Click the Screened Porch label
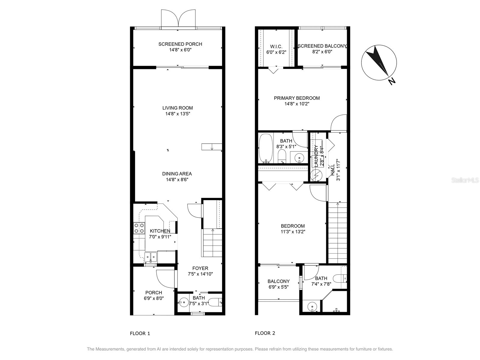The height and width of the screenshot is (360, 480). (x=180, y=44)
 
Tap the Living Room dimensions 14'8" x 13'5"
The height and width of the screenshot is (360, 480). (x=178, y=114)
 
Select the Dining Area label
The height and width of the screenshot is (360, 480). (x=177, y=174)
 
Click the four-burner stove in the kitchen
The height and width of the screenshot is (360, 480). (x=139, y=228)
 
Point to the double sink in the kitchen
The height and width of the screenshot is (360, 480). (x=151, y=257)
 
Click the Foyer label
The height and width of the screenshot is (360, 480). (x=200, y=268)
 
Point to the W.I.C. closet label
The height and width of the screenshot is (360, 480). (x=276, y=46)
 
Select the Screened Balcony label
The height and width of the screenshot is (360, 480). (x=322, y=46)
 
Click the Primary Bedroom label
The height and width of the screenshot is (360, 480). (x=297, y=98)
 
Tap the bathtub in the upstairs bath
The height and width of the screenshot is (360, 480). (x=265, y=148)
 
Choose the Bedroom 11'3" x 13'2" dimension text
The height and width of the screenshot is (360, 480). (x=293, y=232)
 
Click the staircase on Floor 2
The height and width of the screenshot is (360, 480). (x=337, y=232)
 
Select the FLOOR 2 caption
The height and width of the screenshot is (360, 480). (x=265, y=333)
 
